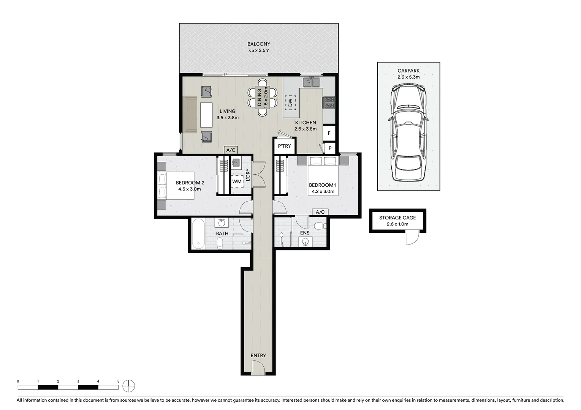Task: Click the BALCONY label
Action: [258, 44]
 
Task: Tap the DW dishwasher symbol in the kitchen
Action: [290, 102]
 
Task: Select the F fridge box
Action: [329, 133]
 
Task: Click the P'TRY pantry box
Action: [284, 146]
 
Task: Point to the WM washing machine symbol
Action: [237, 181]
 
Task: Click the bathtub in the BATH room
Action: [198, 233]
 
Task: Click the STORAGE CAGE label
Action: [397, 218]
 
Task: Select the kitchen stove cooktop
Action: [329, 102]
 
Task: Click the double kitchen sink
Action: [312, 82]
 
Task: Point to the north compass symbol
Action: [129, 386]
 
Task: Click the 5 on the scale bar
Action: [118, 381]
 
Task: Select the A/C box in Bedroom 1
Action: [320, 212]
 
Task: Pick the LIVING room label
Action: [227, 111]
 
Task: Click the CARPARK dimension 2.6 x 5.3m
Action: [408, 77]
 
